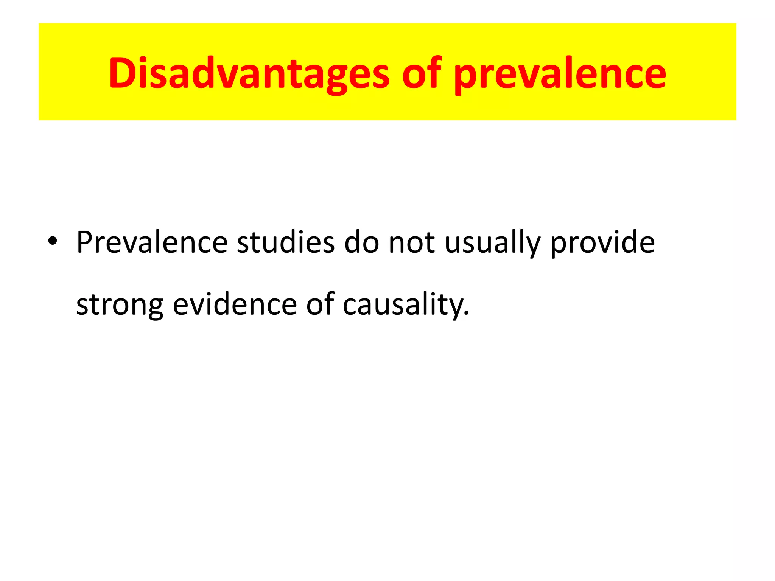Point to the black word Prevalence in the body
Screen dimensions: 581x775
tap(152, 242)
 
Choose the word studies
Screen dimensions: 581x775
tap(286, 242)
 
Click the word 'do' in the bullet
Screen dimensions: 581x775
tap(361, 242)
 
